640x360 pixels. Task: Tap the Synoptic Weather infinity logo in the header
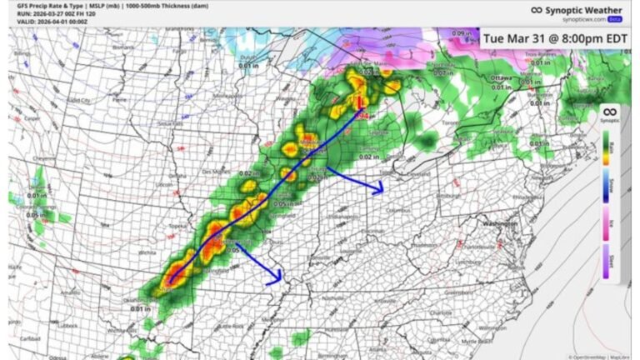538,11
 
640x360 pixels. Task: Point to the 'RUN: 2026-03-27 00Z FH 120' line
46,14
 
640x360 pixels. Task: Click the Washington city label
501,225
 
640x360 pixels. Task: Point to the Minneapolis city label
229,96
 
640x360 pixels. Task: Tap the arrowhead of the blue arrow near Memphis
277,282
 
